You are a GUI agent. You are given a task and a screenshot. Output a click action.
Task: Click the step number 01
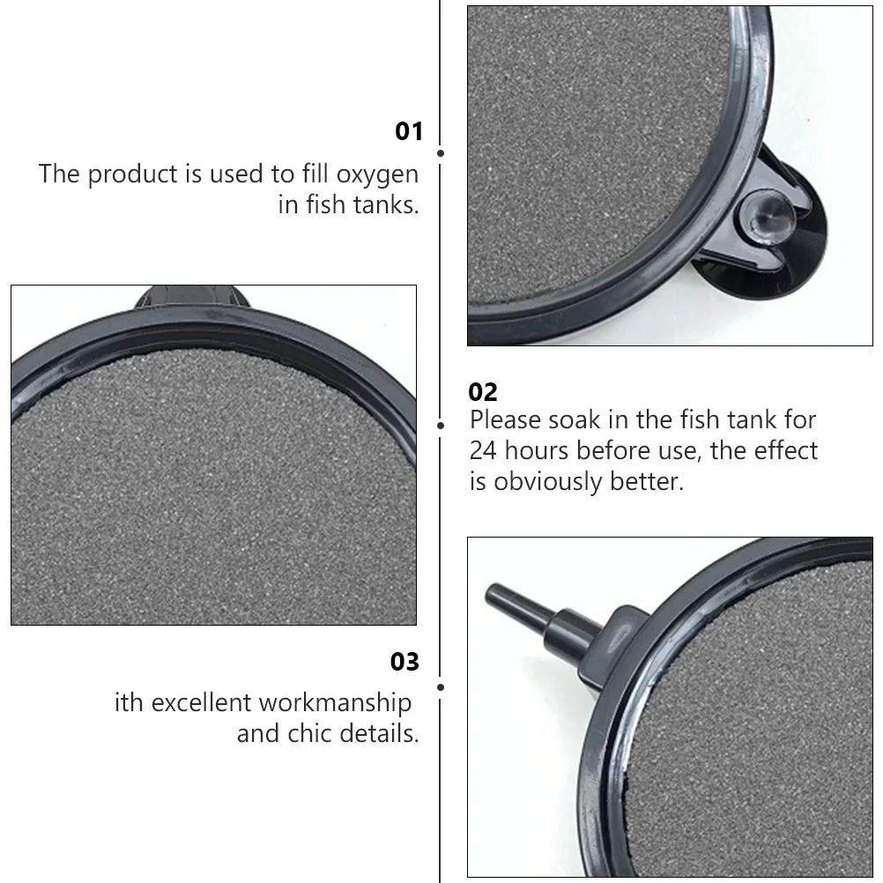(408, 132)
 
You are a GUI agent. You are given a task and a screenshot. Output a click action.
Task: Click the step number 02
(483, 391)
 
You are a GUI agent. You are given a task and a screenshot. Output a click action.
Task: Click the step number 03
(404, 662)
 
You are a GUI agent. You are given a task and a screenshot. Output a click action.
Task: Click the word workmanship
(335, 703)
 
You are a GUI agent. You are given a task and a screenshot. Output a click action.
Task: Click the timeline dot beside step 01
(441, 153)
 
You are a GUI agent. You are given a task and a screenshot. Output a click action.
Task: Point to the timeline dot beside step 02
(441, 426)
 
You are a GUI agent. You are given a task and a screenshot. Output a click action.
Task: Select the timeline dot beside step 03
(441, 686)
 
